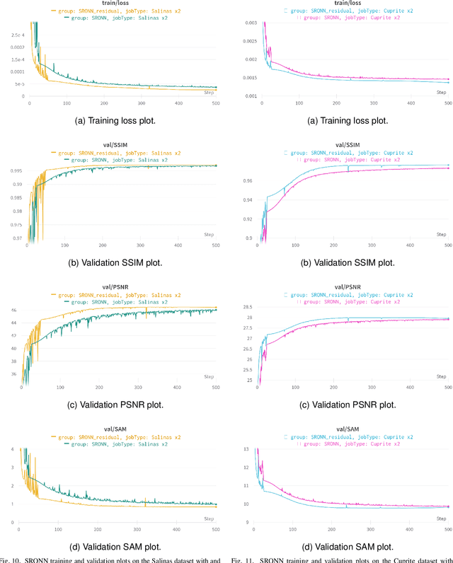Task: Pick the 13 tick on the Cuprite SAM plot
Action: pos(248,448)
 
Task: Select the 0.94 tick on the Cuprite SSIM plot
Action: pos(247,200)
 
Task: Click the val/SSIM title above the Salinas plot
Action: pos(116,145)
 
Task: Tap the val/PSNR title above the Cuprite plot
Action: pos(346,287)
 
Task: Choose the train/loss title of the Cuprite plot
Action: pos(346,4)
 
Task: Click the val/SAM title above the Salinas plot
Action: pos(116,429)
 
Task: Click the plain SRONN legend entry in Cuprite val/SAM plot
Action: pos(346,443)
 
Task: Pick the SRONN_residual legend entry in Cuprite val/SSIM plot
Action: pos(346,153)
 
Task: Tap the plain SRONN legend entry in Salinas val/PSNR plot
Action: pos(116,302)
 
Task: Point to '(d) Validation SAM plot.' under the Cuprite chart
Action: pos(346,546)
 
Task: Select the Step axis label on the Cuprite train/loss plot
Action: pos(440,93)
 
